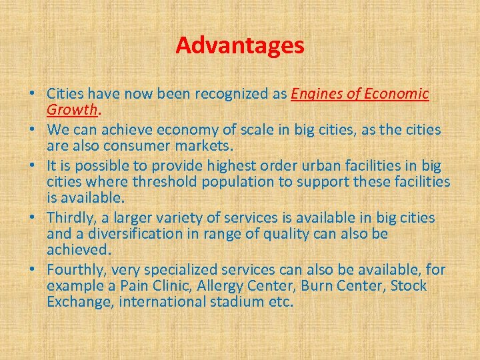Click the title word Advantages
coord(240,45)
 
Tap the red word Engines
coord(316,94)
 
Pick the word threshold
coord(160,181)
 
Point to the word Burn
coord(317,286)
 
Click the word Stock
coord(409,286)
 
